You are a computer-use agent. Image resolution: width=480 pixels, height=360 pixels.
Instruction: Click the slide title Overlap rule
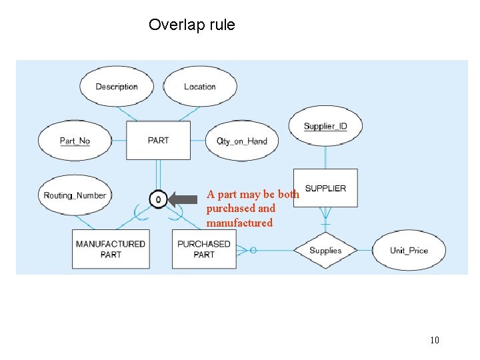pos(191,25)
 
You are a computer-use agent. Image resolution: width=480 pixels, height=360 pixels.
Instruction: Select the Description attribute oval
pos(117,87)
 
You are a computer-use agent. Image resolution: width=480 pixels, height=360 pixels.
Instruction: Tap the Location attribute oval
pos(199,87)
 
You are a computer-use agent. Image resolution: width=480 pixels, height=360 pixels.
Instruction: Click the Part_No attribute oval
pos(75,141)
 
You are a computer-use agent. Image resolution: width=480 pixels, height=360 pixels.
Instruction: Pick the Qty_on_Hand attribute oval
pos(242,141)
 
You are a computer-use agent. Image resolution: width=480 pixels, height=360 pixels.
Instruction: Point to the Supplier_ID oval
pos(325,126)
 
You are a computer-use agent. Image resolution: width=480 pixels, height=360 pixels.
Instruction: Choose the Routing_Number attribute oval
pos(75,195)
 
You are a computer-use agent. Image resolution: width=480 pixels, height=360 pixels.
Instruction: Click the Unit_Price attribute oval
pos(409,251)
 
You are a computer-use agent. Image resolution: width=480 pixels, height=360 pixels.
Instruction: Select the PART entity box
pos(158,141)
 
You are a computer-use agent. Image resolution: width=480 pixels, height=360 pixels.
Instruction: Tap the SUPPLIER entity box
pos(325,188)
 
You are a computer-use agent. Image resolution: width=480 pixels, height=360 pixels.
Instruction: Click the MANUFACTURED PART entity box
pos(110,249)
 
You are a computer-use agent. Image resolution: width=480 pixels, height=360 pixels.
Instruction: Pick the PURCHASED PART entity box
pos(204,249)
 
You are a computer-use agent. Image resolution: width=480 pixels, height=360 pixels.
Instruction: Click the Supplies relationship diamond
pos(325,251)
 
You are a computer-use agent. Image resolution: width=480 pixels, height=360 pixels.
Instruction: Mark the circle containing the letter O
pos(158,199)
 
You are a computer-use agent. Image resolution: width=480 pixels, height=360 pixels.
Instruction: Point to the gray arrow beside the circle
pos(183,199)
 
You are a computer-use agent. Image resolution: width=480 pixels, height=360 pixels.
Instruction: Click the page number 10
pos(434,341)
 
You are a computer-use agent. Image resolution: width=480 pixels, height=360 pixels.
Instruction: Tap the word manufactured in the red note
pos(239,223)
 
